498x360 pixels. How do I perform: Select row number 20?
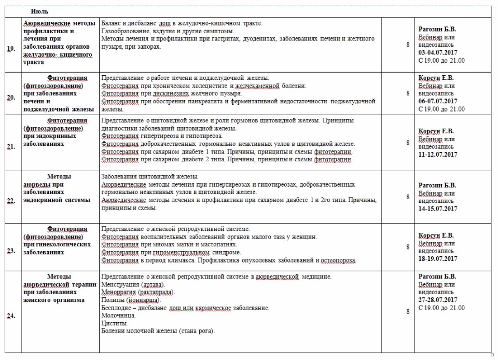[x=11, y=97]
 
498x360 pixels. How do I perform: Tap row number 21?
[x=11, y=147]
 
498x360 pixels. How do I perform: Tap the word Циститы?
[x=114, y=323]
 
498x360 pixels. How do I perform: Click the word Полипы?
[x=113, y=300]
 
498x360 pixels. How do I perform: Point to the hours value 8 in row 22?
[x=408, y=197]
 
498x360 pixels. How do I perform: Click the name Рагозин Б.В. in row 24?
[x=437, y=276]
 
